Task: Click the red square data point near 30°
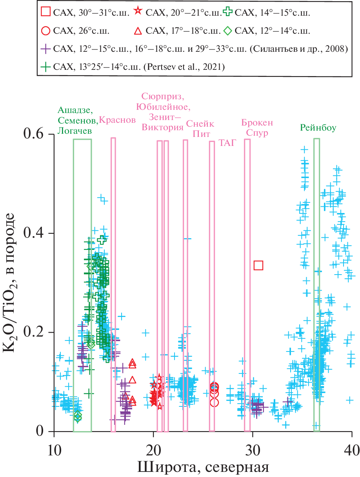[258, 265]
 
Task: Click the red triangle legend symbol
[138, 30]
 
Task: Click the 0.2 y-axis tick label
[34, 333]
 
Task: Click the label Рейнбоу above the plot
[318, 128]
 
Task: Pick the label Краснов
[117, 120]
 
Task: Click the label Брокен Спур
[257, 128]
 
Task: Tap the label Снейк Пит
[200, 129]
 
